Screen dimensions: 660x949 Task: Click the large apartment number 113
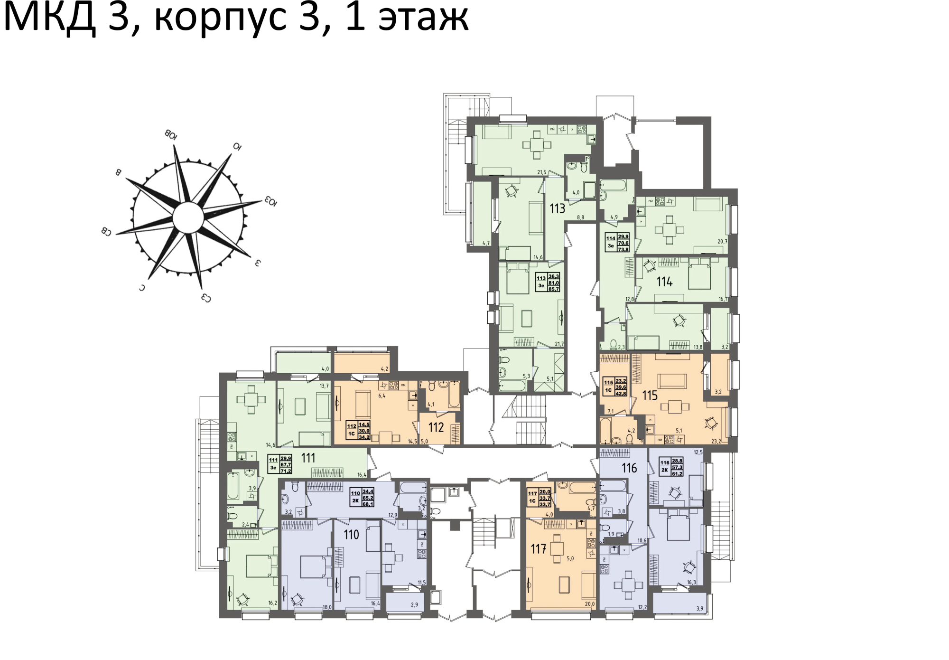coord(557,208)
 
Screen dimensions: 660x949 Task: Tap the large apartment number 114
coord(664,282)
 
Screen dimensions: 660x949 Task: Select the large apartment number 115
coord(650,395)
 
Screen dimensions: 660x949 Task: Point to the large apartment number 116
coord(629,468)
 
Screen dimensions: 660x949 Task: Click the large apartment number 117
coord(538,549)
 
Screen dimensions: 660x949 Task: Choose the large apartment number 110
coord(351,535)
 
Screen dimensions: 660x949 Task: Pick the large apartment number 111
coord(308,458)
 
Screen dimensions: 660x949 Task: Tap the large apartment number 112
coord(436,427)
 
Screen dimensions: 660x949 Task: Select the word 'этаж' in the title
coord(423,19)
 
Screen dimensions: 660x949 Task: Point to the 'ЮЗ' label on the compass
coord(271,201)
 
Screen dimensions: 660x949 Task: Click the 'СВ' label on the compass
coord(106,232)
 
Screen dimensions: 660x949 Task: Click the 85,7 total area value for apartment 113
coord(554,289)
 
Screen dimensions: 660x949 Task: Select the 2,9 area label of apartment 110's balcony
coord(414,605)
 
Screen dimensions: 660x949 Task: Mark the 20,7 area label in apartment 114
coord(722,242)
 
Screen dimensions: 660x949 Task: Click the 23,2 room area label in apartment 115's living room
coord(716,441)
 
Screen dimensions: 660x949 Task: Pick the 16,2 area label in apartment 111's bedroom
coord(272,603)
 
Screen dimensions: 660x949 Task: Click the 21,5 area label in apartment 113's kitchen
coord(541,172)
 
